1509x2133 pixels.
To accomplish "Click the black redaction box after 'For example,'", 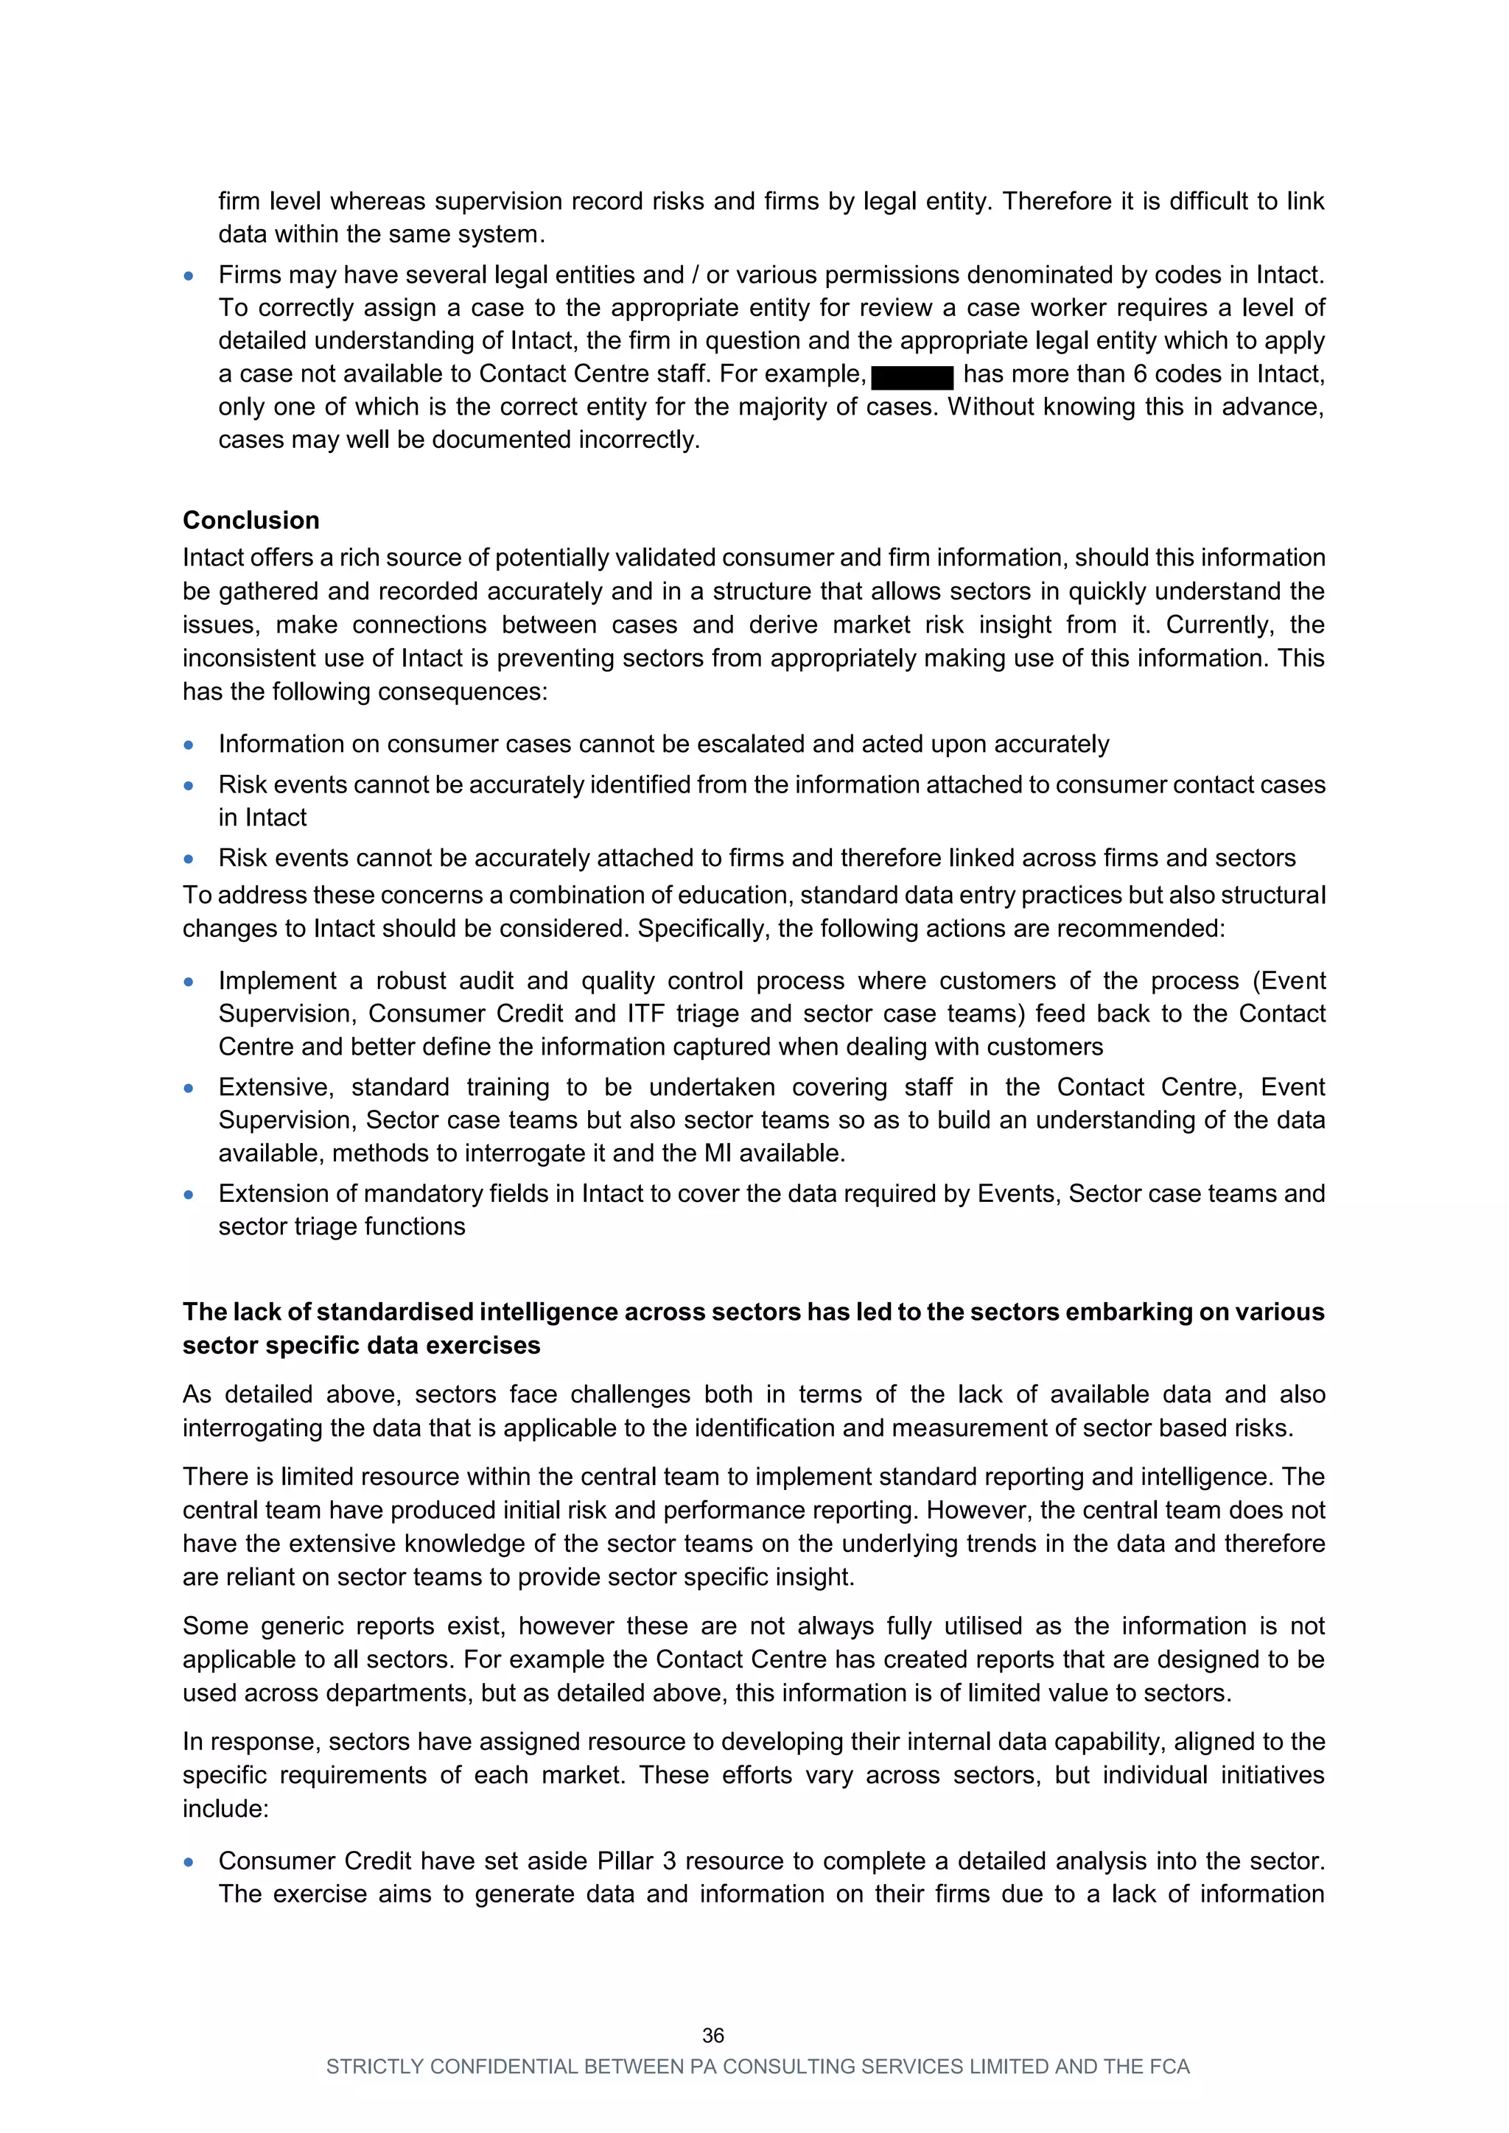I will click(912, 376).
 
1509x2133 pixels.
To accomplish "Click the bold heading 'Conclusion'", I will click(251, 520).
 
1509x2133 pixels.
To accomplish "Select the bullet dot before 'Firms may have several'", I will click(189, 276).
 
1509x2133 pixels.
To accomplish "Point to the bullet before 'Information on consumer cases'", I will click(189, 745).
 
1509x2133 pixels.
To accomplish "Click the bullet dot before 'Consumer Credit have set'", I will click(189, 1862).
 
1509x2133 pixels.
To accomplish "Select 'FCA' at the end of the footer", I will click(1169, 2066).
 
